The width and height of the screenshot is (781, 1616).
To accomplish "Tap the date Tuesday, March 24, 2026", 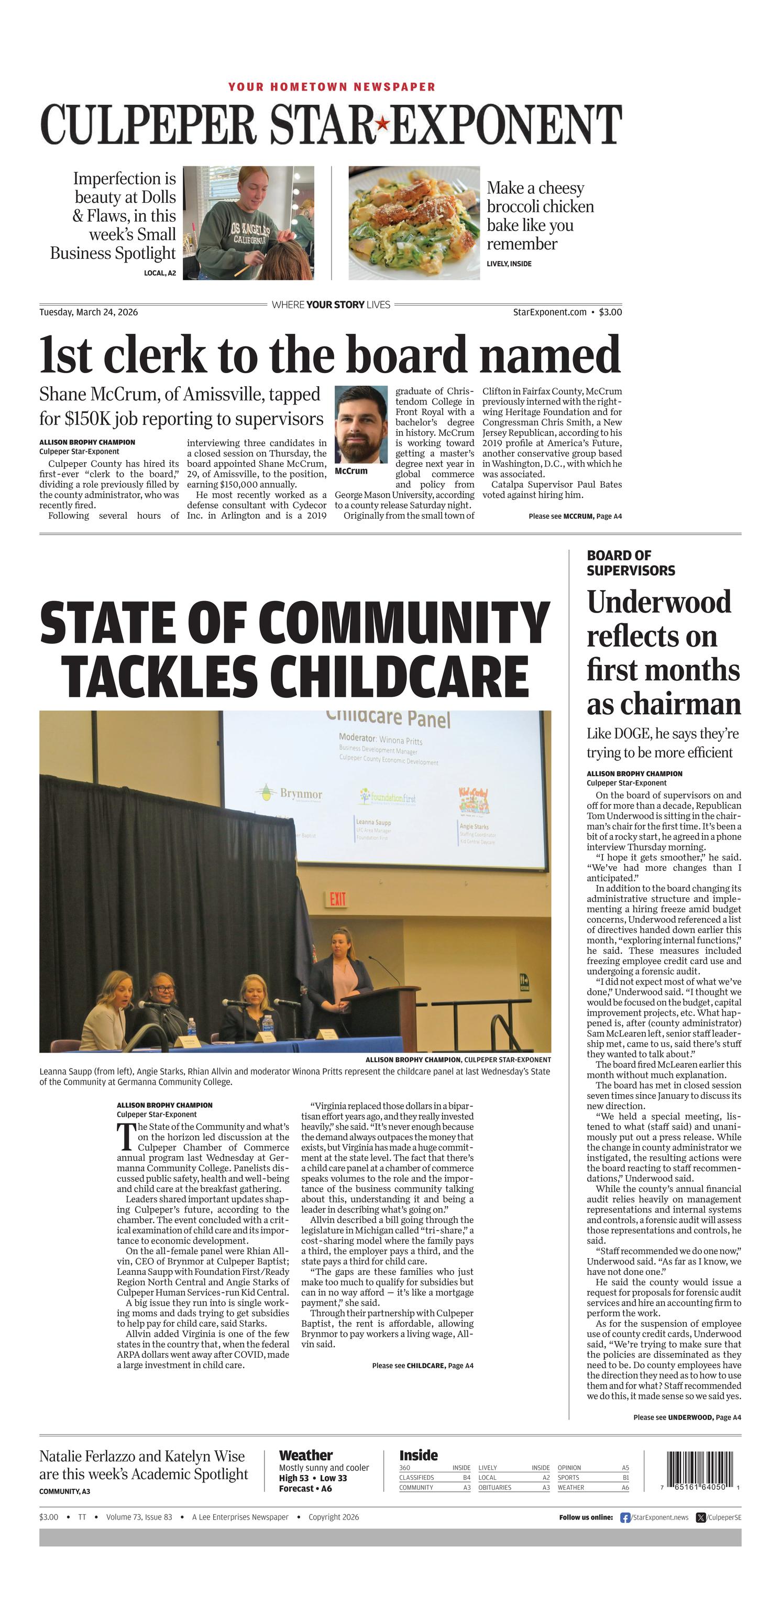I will pyautogui.click(x=89, y=312).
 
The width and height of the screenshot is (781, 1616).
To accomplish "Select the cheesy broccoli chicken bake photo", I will pyautogui.click(x=414, y=222).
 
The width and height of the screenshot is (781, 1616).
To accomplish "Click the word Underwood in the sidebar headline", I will pyautogui.click(x=658, y=602).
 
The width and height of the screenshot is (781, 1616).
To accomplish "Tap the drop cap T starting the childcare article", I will pyautogui.click(x=126, y=1136).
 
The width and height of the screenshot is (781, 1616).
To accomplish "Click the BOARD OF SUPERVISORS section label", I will pyautogui.click(x=622, y=563).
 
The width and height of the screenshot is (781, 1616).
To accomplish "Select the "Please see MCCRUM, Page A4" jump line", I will pyautogui.click(x=575, y=516).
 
